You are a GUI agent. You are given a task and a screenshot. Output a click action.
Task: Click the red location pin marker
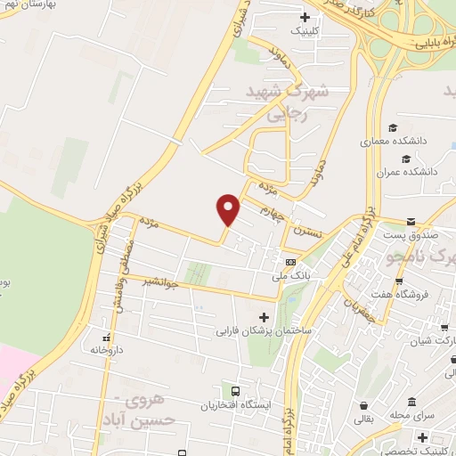pos(229,208)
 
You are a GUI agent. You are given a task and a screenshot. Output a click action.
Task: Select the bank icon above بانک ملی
pos(290,262)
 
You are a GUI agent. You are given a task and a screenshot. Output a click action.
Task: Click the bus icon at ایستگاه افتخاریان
pos(235,391)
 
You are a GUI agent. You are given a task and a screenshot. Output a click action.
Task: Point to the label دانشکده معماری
pos(395,141)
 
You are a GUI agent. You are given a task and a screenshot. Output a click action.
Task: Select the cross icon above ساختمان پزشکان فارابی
pos(263,317)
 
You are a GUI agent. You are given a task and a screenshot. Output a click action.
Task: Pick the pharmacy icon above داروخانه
pos(106,338)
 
